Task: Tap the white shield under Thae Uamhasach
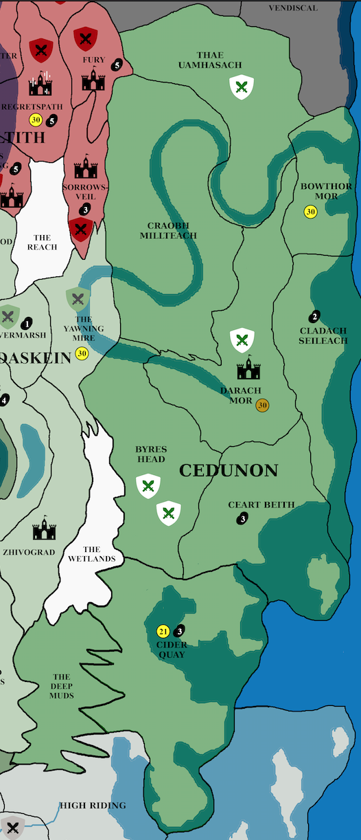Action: click(x=241, y=87)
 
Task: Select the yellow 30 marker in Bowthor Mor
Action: click(x=310, y=212)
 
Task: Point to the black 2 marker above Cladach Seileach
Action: click(x=314, y=317)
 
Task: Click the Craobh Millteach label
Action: click(x=172, y=230)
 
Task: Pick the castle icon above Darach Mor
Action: click(x=249, y=369)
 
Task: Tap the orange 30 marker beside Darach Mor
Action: click(x=262, y=406)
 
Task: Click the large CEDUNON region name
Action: click(x=229, y=471)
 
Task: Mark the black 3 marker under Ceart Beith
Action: click(x=242, y=518)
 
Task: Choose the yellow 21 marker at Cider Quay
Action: click(x=163, y=631)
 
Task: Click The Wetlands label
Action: click(x=91, y=554)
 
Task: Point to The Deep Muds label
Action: click(x=61, y=686)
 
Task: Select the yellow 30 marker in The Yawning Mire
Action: click(x=82, y=354)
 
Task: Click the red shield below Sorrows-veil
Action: click(x=81, y=229)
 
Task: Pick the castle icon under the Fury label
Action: click(x=93, y=82)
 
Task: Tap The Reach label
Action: click(x=42, y=242)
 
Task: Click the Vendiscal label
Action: click(x=293, y=8)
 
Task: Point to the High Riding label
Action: click(x=93, y=805)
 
